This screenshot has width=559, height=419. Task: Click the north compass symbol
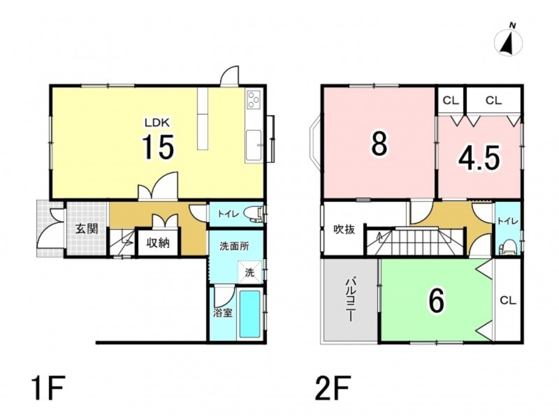509,41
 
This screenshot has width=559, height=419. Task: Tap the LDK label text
157,123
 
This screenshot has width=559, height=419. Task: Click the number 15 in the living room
159,147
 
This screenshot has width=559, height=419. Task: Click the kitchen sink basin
254,146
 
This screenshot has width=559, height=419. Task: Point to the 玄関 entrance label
87,228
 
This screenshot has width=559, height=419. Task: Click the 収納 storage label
158,243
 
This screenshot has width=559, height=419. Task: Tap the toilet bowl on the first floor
254,214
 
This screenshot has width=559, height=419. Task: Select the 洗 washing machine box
250,272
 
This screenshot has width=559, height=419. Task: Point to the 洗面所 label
234,247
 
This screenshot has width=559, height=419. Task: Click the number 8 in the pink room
379,143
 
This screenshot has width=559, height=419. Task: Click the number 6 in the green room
437,300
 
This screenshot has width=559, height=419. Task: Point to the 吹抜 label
344,230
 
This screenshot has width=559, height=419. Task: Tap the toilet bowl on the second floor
507,248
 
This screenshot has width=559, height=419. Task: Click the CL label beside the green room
508,300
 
